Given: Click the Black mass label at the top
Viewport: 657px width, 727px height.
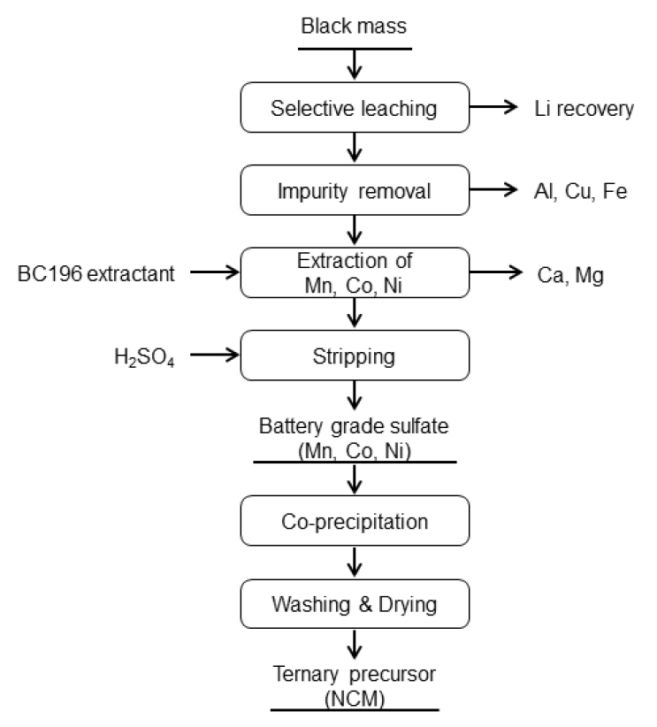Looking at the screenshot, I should tap(354, 27).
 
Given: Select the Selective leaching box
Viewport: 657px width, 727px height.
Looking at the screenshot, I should tap(354, 109).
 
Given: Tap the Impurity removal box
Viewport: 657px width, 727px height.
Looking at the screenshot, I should tap(354, 190).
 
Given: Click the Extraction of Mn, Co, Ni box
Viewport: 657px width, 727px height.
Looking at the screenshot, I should tap(354, 272).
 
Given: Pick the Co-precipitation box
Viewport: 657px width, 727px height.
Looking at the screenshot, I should tap(354, 521).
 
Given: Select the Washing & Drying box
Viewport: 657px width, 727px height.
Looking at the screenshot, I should tap(354, 604).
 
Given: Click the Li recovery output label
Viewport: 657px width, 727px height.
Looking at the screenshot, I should tap(584, 109).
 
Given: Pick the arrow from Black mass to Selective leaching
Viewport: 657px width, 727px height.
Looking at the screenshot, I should tap(354, 65).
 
